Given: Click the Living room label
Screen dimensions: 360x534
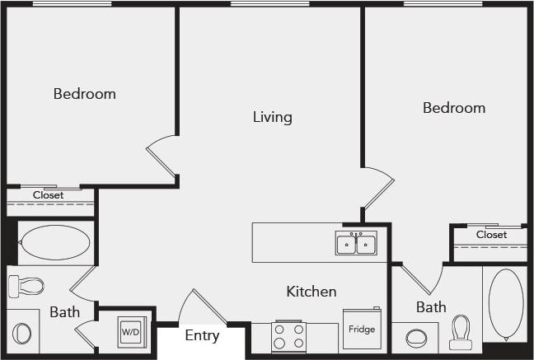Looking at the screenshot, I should tap(272, 117).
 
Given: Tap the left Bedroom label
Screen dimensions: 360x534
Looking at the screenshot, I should tap(84, 94).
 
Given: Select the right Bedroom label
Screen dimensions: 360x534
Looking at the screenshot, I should tap(453, 108).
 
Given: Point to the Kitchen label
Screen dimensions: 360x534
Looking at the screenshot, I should tap(311, 292).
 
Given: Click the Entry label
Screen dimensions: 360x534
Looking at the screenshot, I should tap(202, 335).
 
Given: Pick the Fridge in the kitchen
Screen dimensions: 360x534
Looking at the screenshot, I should tap(362, 329).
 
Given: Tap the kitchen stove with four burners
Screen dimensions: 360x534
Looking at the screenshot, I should tap(289, 336).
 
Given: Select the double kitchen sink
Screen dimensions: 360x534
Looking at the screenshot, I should tap(356, 244).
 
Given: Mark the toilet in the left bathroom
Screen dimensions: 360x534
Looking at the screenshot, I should tap(26, 286).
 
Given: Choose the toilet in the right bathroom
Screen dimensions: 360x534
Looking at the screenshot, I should tap(460, 332).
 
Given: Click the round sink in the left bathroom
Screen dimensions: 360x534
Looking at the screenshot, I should tap(22, 333).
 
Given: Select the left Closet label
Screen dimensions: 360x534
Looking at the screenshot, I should tap(48, 195).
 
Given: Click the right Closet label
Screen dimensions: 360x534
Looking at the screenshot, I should tap(491, 235).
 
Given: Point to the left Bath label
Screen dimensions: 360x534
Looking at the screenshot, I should tap(64, 312).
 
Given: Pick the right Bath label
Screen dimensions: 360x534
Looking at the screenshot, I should tap(430, 307).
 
